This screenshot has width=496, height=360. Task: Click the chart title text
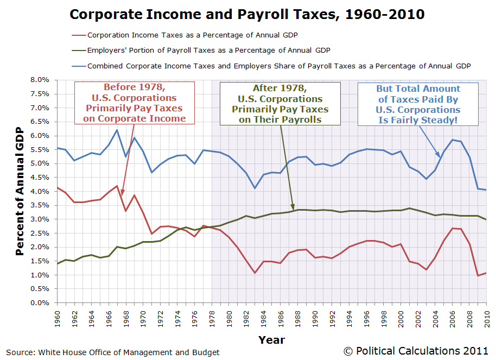247,14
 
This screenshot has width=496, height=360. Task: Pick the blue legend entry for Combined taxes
279,65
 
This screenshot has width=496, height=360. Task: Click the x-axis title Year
271,340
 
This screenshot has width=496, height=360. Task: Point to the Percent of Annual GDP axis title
20,191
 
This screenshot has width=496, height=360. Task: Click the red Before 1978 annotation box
134,103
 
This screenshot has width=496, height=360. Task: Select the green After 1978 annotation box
279,104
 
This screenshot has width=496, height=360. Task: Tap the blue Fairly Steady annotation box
418,104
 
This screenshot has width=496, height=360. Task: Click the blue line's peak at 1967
117,130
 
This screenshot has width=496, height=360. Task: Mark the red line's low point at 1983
254,273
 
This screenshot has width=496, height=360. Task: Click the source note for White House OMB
113,352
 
